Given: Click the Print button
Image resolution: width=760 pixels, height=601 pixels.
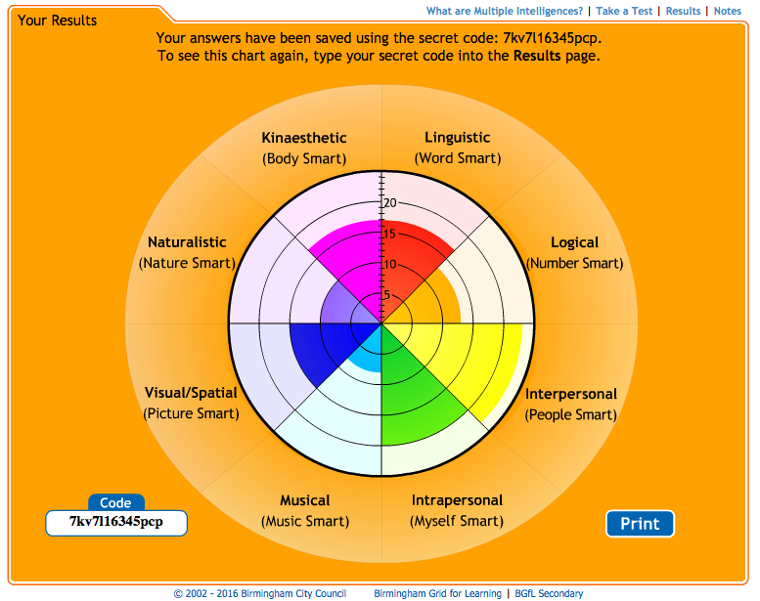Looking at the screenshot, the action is click(x=640, y=524).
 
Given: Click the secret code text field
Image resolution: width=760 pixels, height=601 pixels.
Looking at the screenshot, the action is click(x=116, y=523).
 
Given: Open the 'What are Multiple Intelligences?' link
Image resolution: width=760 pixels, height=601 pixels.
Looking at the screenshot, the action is click(x=505, y=11).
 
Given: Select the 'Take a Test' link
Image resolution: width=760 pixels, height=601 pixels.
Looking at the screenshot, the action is click(x=624, y=11).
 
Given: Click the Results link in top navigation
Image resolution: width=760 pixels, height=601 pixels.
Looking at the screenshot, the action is click(x=683, y=11).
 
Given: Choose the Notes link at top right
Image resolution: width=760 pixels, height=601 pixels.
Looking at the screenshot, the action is click(x=728, y=11).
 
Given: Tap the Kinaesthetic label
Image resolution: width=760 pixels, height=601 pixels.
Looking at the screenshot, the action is click(x=304, y=138).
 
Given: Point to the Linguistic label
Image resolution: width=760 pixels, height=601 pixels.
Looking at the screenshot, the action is click(x=458, y=138).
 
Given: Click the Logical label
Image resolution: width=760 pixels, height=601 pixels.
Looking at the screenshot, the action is click(x=574, y=242).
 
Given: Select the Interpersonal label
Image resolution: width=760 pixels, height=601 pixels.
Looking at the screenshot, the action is click(x=571, y=394).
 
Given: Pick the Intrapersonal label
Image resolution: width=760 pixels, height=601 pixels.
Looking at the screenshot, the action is click(x=457, y=500).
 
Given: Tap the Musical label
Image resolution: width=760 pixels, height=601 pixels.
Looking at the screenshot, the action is click(x=305, y=500).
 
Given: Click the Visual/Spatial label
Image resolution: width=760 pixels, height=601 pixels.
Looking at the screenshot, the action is click(x=191, y=393).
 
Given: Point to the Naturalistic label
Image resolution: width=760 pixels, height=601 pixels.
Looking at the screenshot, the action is click(x=187, y=242).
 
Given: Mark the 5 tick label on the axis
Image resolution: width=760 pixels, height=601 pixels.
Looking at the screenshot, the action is click(x=386, y=295).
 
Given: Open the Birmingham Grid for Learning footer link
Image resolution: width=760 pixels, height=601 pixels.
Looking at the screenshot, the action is click(x=437, y=593).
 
